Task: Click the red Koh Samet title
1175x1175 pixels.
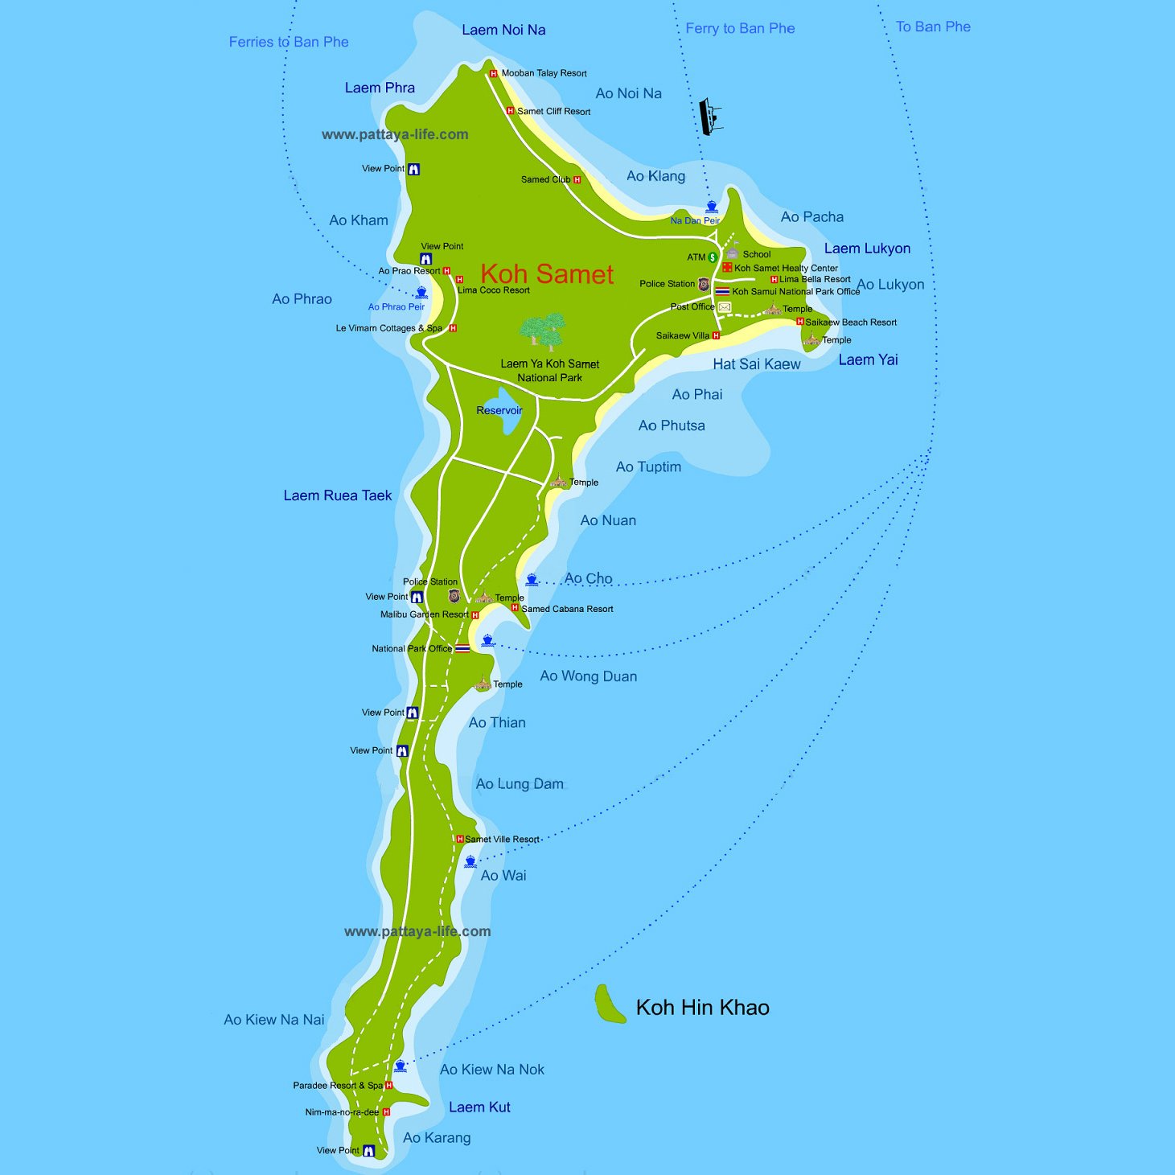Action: click(x=547, y=274)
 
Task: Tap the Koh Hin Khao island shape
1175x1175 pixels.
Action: click(x=610, y=1005)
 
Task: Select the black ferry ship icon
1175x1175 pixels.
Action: click(x=709, y=117)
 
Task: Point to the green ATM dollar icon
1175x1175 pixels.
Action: click(x=712, y=257)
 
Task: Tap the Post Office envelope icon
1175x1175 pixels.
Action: click(x=725, y=307)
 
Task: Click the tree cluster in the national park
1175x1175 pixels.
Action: click(x=544, y=331)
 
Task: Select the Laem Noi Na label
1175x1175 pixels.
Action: click(x=503, y=30)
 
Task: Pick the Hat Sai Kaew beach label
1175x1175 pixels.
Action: click(x=756, y=364)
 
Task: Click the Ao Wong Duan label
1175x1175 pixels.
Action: click(x=588, y=676)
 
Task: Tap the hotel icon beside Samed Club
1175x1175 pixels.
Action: click(x=577, y=180)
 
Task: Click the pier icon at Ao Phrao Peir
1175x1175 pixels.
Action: click(x=421, y=293)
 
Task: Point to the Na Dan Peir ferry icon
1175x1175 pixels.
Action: click(x=711, y=207)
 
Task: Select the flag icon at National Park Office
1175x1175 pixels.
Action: click(x=462, y=648)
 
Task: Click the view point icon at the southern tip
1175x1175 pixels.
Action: click(x=368, y=1151)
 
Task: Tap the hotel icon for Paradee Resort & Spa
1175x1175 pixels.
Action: click(x=389, y=1086)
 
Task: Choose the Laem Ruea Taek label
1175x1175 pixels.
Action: click(x=337, y=495)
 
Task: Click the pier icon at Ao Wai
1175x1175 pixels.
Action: click(x=470, y=861)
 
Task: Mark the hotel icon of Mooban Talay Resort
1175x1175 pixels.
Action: click(x=494, y=73)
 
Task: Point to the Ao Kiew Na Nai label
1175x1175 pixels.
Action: click(x=273, y=1020)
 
